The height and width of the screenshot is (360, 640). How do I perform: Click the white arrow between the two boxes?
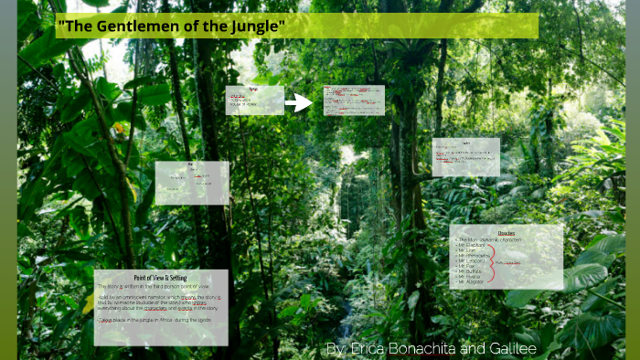pos(299,102)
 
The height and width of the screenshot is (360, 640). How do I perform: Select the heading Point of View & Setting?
pos(161,276)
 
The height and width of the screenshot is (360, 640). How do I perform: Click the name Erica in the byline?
pos(368,350)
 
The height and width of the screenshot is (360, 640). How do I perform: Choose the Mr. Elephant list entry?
pos(473,246)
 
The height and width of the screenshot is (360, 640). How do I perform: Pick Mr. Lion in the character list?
pos(468,251)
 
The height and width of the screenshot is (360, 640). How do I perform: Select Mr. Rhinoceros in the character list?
pos(475,257)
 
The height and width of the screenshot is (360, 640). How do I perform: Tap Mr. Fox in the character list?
pos(466,267)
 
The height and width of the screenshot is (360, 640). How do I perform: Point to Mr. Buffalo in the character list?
pos(471,272)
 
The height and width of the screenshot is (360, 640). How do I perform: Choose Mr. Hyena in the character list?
pos(470,278)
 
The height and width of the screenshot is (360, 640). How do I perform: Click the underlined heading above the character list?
pos(506,233)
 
